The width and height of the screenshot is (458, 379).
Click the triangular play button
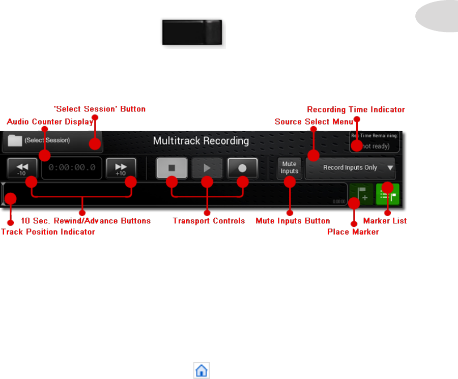tap(207, 167)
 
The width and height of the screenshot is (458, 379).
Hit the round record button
tap(243, 167)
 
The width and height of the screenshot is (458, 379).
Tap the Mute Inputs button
tap(290, 168)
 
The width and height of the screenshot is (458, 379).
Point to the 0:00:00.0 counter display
tap(71, 168)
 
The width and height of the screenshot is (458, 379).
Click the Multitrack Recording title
tap(201, 140)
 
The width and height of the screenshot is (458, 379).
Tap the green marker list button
tap(388, 194)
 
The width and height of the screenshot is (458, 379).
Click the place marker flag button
tap(361, 194)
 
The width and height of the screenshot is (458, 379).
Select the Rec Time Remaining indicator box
tap(375, 141)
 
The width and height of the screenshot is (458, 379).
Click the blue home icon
tap(202, 370)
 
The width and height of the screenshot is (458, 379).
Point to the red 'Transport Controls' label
tap(209, 221)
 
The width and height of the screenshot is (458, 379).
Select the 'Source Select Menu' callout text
tap(314, 122)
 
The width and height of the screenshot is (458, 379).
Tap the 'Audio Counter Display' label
tap(50, 122)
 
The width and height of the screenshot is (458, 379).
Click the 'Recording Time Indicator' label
tap(356, 109)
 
